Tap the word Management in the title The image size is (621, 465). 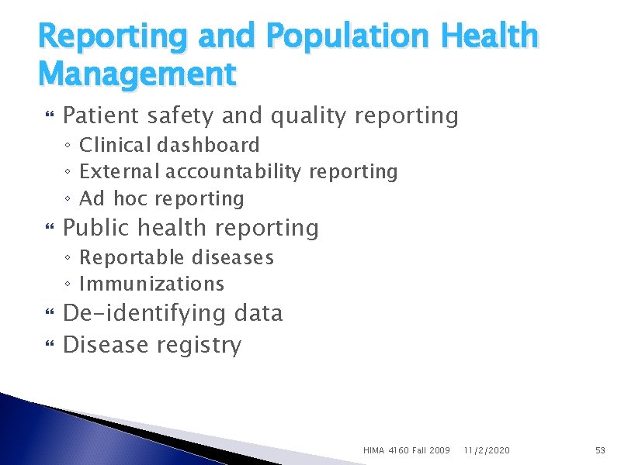[137, 74]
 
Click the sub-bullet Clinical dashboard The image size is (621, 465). [169, 145]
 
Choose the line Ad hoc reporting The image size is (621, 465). [161, 198]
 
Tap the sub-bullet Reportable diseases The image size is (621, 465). [176, 257]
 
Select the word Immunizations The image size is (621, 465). [151, 284]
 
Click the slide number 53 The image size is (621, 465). [599, 449]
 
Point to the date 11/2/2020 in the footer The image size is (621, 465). [487, 449]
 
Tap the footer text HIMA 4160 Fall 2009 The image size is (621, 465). [407, 449]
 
